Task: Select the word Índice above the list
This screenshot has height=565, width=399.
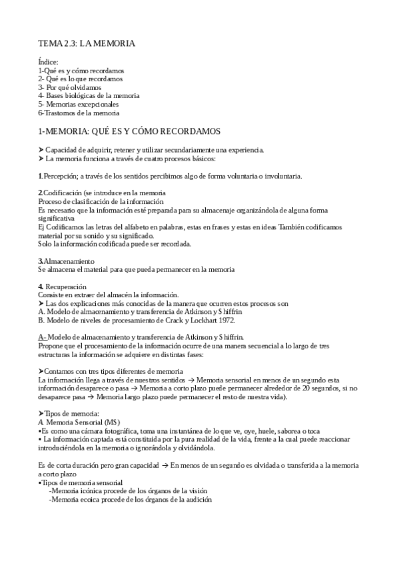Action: (x=49, y=62)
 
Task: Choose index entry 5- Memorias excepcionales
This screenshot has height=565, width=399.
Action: (x=79, y=104)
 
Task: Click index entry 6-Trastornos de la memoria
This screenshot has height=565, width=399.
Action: (x=79, y=113)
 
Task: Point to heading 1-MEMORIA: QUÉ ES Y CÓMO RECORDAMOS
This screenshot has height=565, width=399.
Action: (x=129, y=131)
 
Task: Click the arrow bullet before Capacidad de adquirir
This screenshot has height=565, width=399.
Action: (x=41, y=149)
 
